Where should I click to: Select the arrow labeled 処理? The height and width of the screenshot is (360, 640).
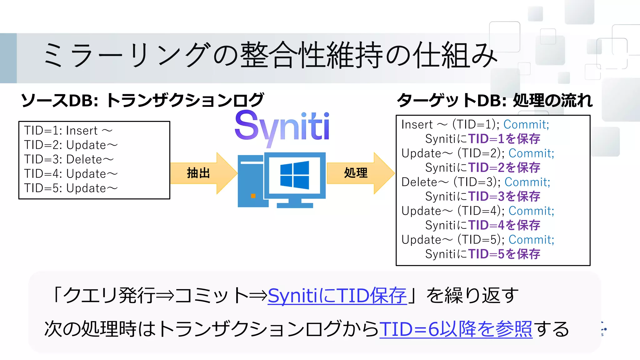pyautogui.click(x=360, y=173)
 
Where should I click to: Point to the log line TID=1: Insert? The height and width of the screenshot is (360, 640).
pyautogui.click(x=68, y=131)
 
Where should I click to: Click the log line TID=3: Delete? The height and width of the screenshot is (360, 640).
pyautogui.click(x=69, y=159)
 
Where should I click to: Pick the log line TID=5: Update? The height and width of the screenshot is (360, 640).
pyautogui.click(x=71, y=188)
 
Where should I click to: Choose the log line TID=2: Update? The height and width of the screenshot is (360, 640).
pyautogui.click(x=71, y=145)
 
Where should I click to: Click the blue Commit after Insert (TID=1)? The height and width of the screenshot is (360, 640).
pyautogui.click(x=526, y=124)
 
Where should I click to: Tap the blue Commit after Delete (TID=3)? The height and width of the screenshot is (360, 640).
pyautogui.click(x=527, y=182)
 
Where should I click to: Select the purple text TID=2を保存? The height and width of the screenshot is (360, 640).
pyautogui.click(x=504, y=167)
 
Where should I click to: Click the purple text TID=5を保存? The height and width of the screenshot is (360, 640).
pyautogui.click(x=504, y=254)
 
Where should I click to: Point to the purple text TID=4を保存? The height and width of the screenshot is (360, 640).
pyautogui.click(x=504, y=225)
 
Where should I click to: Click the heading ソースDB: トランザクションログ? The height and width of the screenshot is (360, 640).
pyautogui.click(x=142, y=100)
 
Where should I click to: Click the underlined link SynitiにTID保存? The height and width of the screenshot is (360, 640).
pyautogui.click(x=337, y=295)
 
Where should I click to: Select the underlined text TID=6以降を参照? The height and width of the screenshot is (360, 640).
pyautogui.click(x=456, y=329)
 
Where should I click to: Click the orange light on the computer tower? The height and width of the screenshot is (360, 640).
pyautogui.click(x=253, y=196)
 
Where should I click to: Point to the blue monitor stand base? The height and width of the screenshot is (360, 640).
pyautogui.click(x=295, y=205)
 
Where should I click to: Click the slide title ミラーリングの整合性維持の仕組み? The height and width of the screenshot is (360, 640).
pyautogui.click(x=270, y=55)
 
